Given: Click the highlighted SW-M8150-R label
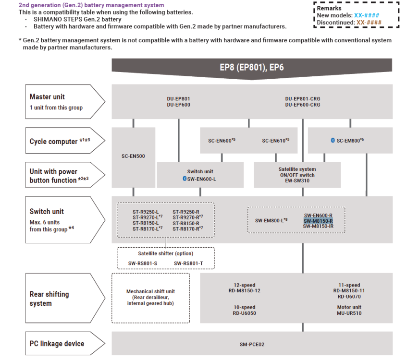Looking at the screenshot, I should click(x=318, y=221).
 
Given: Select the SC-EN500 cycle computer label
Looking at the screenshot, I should click(x=134, y=156).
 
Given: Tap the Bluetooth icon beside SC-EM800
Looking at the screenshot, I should click(x=333, y=140).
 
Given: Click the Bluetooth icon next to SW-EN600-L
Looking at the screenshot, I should click(x=184, y=179).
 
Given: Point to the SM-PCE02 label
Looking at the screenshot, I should click(x=252, y=344).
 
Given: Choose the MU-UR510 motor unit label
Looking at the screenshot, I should click(x=349, y=313).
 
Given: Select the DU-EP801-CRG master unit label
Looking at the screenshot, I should click(x=302, y=99).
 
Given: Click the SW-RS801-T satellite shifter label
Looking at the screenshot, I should click(x=188, y=263).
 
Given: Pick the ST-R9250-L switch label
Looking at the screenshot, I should click(x=146, y=212).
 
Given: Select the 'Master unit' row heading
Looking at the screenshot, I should click(x=47, y=97).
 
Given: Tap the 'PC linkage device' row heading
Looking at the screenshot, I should click(x=57, y=344).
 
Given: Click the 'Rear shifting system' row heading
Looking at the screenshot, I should click(x=49, y=299).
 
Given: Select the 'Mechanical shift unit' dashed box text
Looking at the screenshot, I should click(x=150, y=297).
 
